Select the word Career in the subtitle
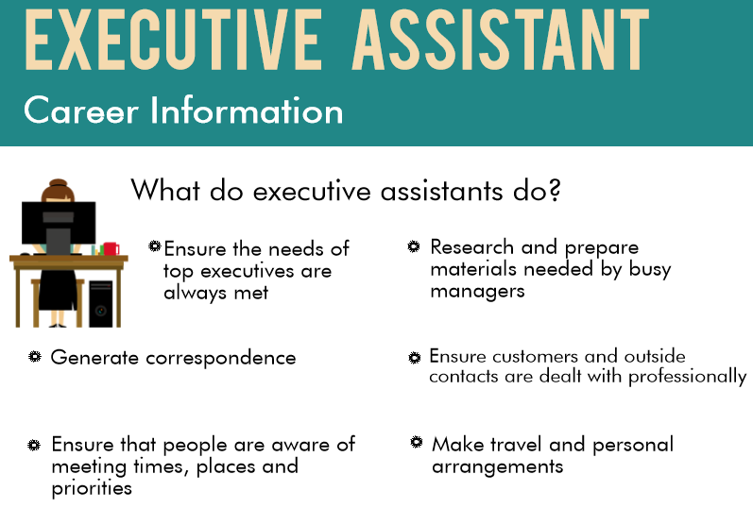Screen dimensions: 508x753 coord(81,111)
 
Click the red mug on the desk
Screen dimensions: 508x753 coord(111,249)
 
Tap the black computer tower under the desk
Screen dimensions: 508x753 coord(100,302)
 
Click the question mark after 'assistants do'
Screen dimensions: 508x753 coord(554,191)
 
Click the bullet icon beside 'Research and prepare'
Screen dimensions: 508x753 coord(414,246)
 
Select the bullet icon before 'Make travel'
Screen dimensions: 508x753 coord(416,442)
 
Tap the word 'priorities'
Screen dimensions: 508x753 coord(92,489)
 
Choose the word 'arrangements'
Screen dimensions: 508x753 coord(497,467)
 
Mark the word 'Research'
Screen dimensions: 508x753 coord(471,247)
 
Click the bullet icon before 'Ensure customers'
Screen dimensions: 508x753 coord(414,358)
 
